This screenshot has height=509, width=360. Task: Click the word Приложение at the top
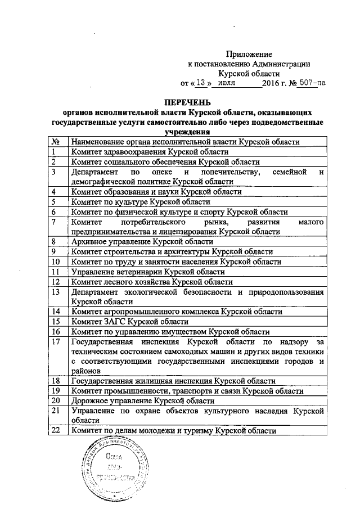249,55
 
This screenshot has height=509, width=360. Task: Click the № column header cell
56,142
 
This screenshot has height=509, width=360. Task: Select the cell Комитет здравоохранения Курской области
148,152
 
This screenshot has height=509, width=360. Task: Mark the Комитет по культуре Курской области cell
141,201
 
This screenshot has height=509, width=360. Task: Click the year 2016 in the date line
272,83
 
